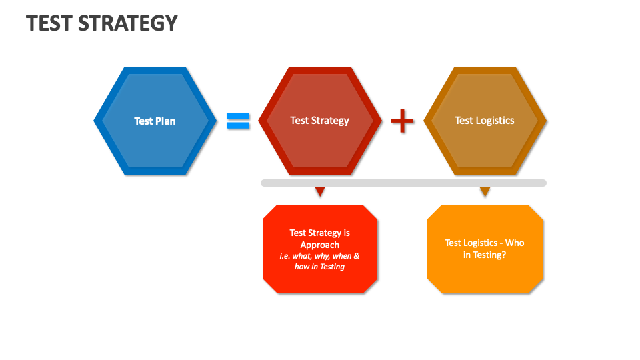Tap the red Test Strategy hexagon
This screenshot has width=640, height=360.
pos(320,143)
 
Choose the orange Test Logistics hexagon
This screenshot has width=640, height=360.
pos(485,143)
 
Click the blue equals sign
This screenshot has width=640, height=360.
pos(237,121)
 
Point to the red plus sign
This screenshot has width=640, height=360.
pos(402,121)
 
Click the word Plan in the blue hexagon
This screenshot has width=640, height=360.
pos(165,121)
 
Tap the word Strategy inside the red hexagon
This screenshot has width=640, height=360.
pos(329,121)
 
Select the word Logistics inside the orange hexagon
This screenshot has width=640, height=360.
pos(495,121)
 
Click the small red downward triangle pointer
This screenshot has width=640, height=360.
pos(320,191)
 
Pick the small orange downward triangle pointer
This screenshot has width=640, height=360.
pos(485,191)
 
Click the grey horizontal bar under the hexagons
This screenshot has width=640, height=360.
pos(403,183)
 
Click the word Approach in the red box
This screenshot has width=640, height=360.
pos(320,245)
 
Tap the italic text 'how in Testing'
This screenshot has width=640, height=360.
pos(320,267)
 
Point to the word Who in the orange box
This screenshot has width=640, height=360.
pos(514,243)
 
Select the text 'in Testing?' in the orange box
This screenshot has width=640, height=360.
pos(485,255)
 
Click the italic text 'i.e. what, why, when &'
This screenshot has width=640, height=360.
pos(320,256)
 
